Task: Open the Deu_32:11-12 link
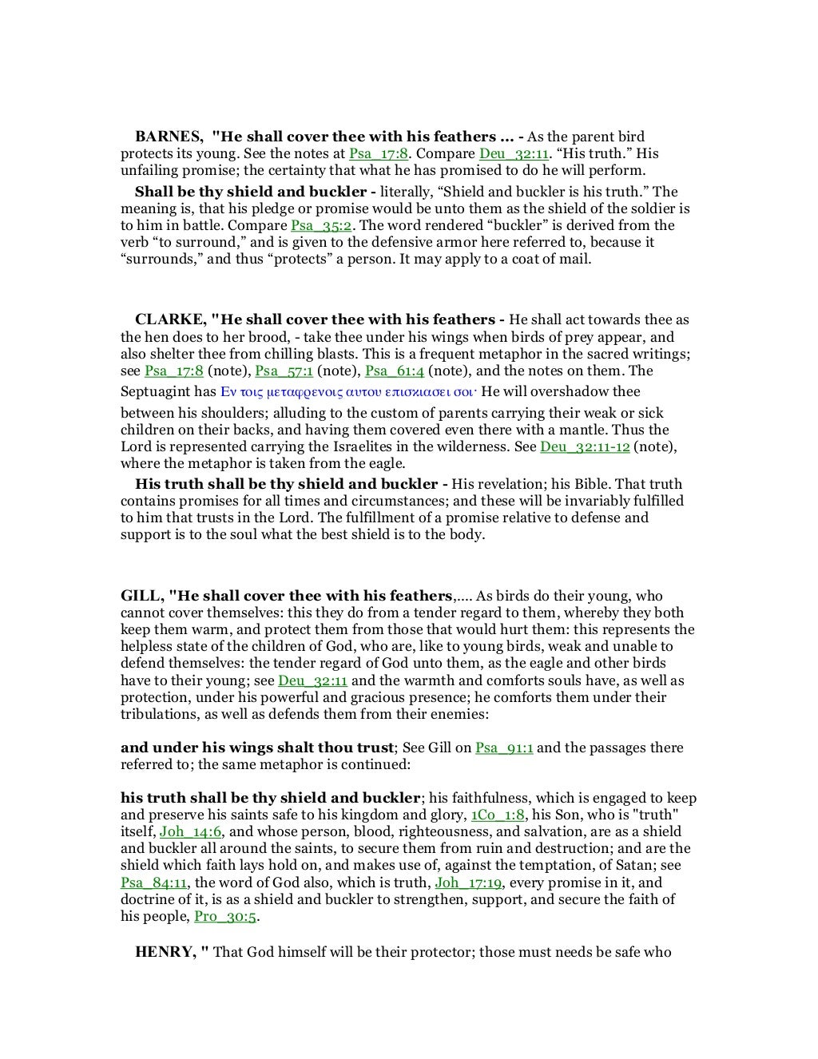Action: pyautogui.click(x=585, y=446)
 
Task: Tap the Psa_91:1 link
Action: pyautogui.click(x=504, y=748)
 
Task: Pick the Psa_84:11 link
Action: pyautogui.click(x=154, y=882)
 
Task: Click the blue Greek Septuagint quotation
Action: pyautogui.click(x=348, y=392)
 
